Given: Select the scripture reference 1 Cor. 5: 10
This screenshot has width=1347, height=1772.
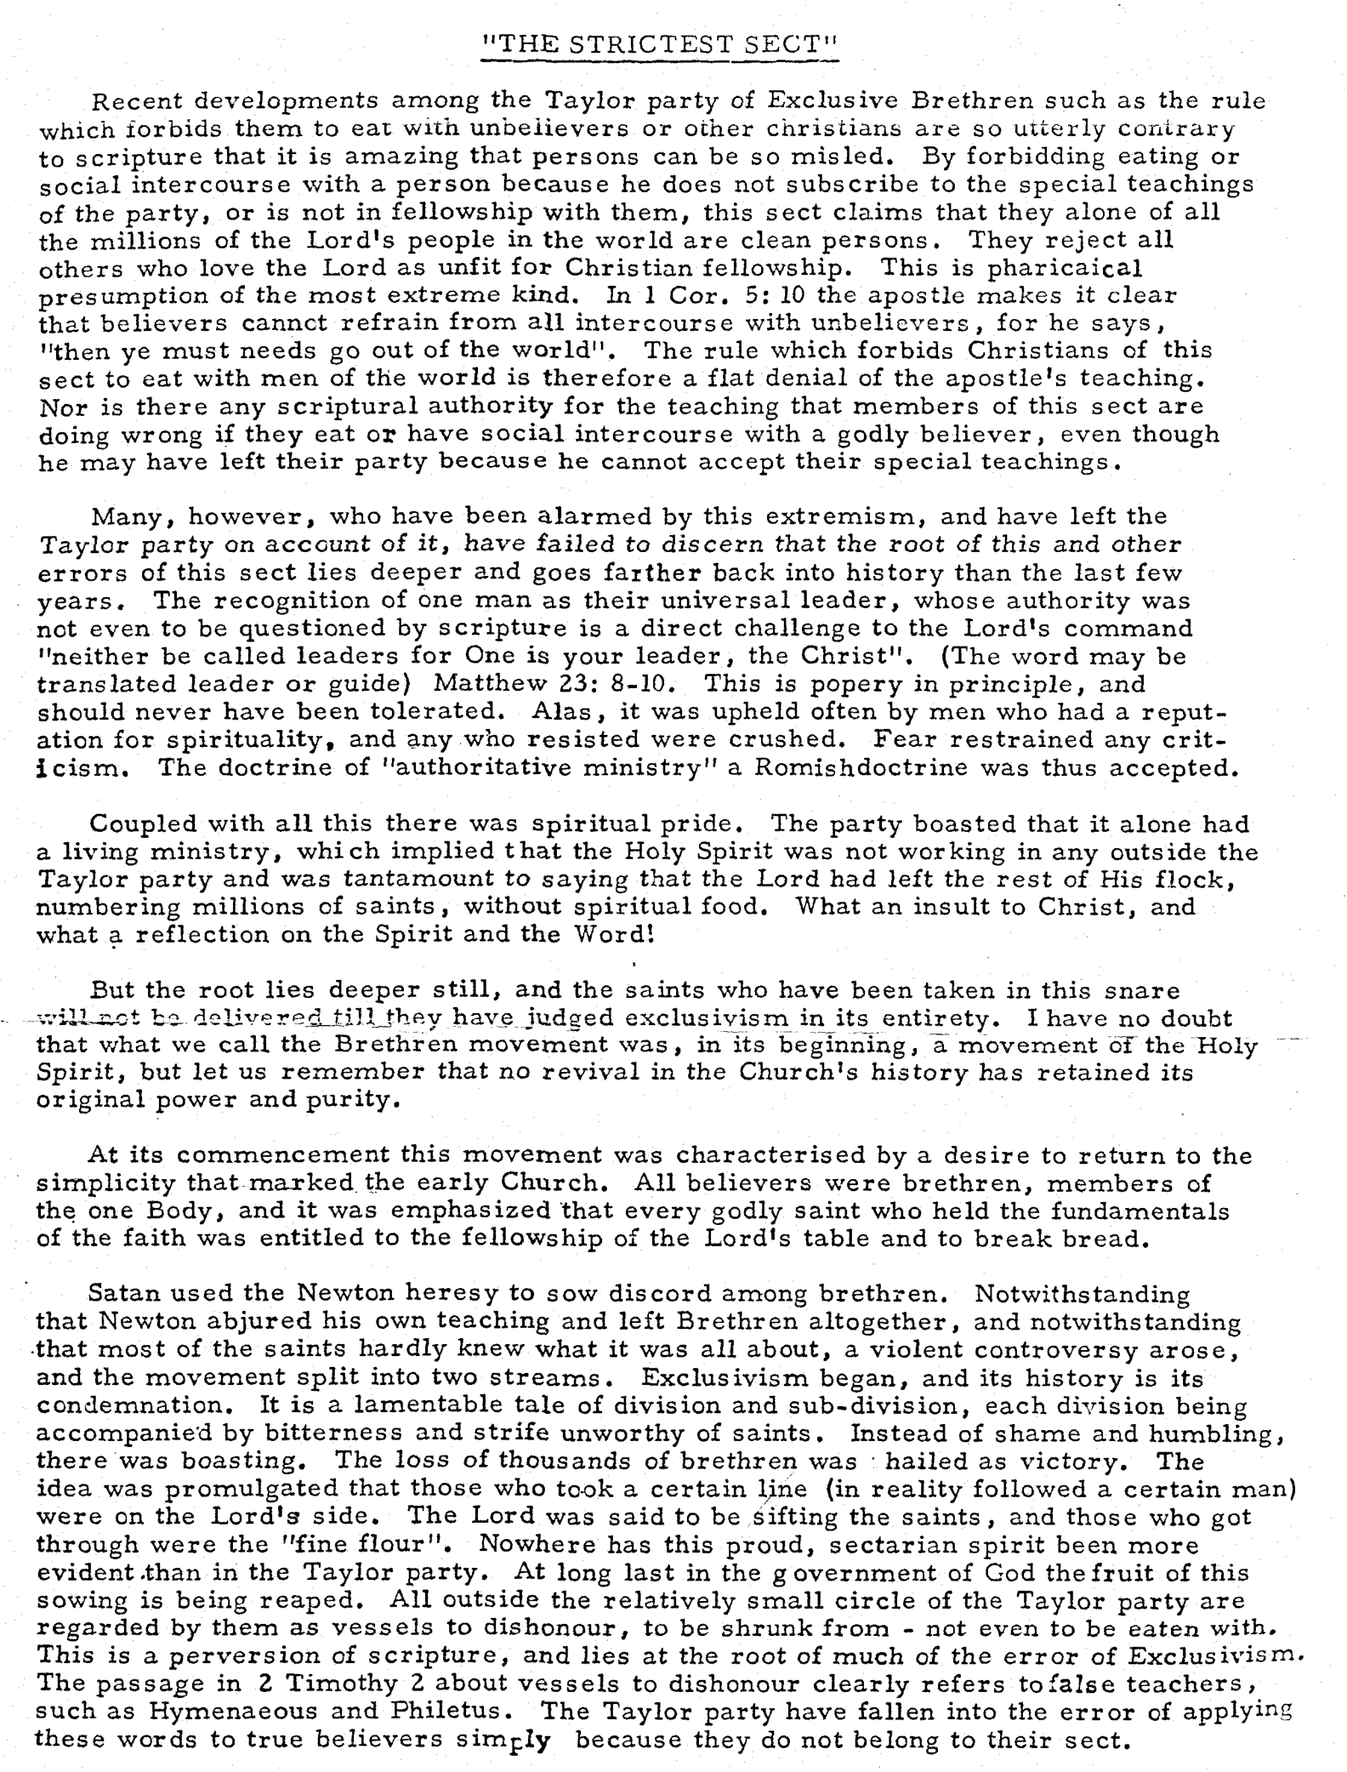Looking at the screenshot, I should tap(683, 295).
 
